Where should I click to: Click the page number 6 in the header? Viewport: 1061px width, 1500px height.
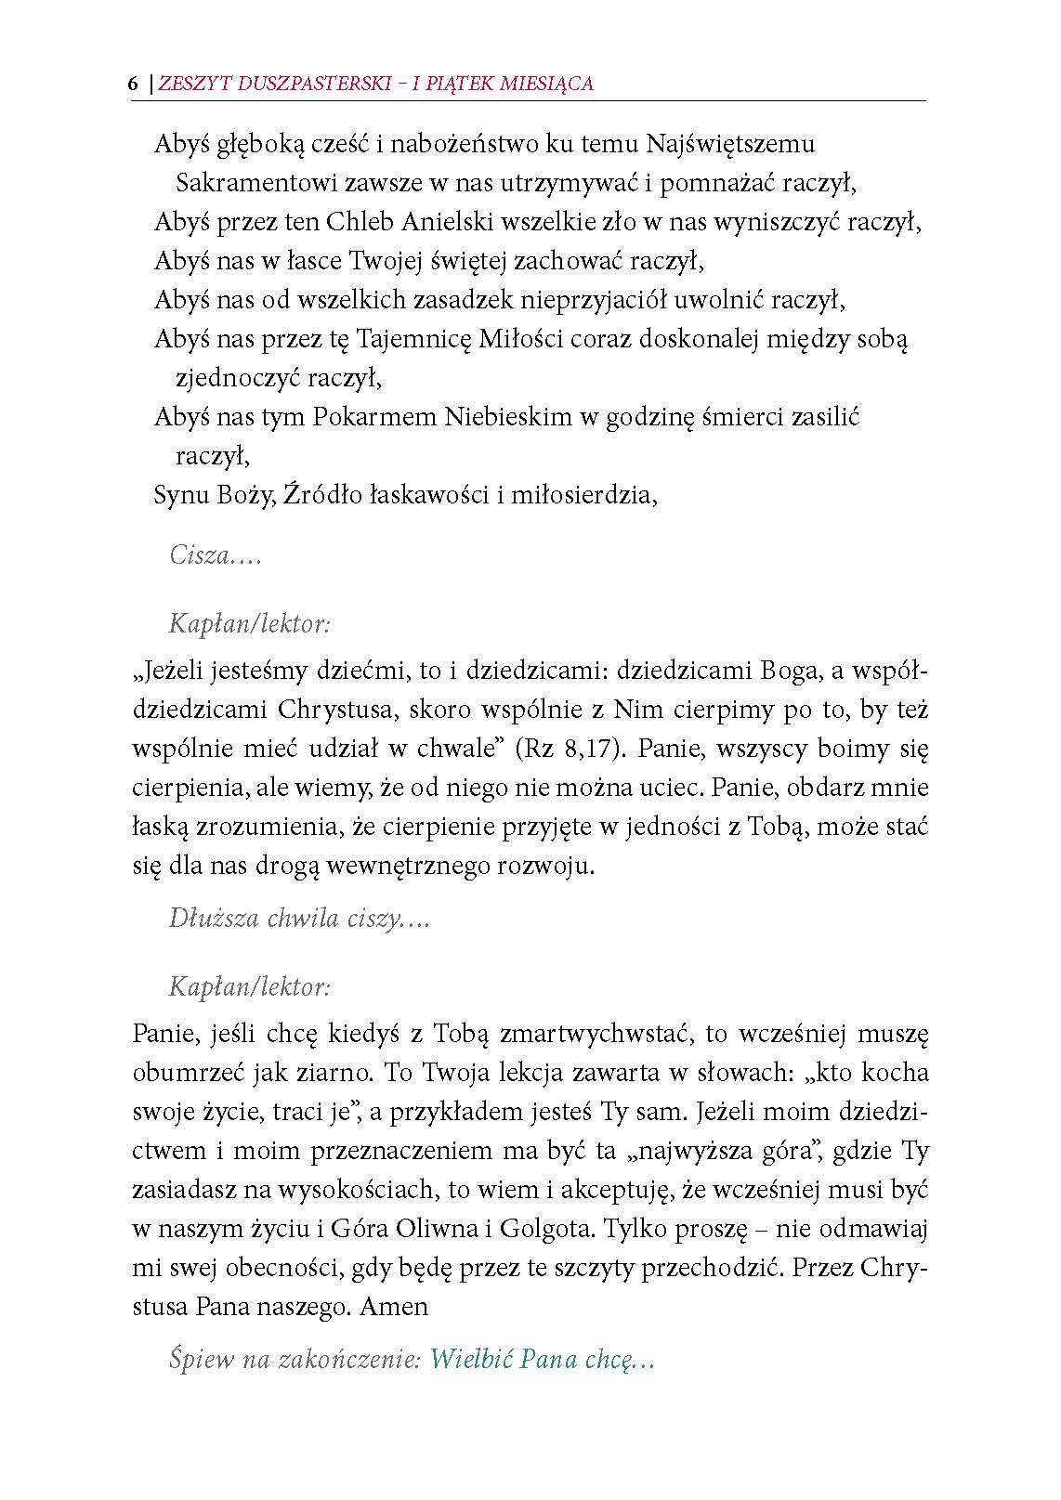133,84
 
